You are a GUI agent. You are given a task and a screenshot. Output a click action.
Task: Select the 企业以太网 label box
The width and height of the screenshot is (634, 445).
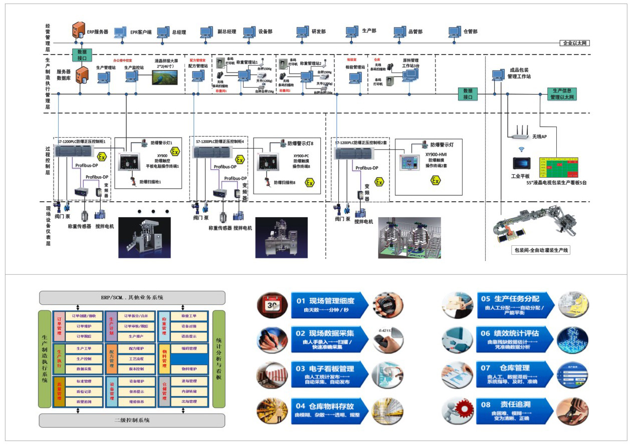pos(575,43)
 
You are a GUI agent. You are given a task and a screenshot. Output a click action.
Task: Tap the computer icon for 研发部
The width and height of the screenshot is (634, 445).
pos(302,32)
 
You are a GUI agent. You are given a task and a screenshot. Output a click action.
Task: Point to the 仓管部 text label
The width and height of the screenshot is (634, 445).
pos(471,32)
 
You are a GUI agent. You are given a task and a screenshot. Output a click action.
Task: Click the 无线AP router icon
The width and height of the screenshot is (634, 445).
pos(519,132)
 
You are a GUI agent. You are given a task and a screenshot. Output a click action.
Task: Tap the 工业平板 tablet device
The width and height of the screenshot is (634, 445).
pos(521,164)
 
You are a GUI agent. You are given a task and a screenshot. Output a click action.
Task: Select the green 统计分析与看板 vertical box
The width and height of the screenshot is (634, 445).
pos(219,359)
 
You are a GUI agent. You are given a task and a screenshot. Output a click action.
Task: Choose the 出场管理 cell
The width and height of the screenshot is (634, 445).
pos(189,401)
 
